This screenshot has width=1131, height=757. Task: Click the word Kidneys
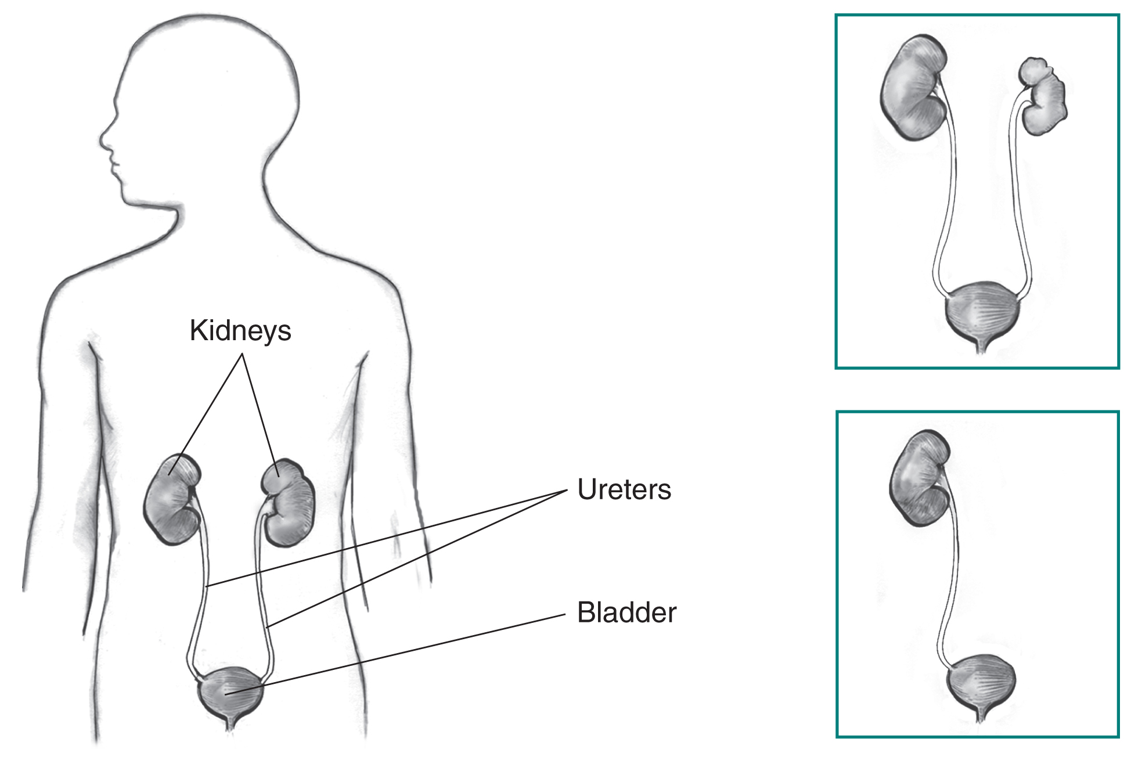(x=240, y=331)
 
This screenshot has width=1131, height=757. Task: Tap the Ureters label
(x=624, y=489)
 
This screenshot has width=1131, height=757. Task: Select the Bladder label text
(x=626, y=612)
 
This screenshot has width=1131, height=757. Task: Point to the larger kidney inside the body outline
(x=172, y=499)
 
